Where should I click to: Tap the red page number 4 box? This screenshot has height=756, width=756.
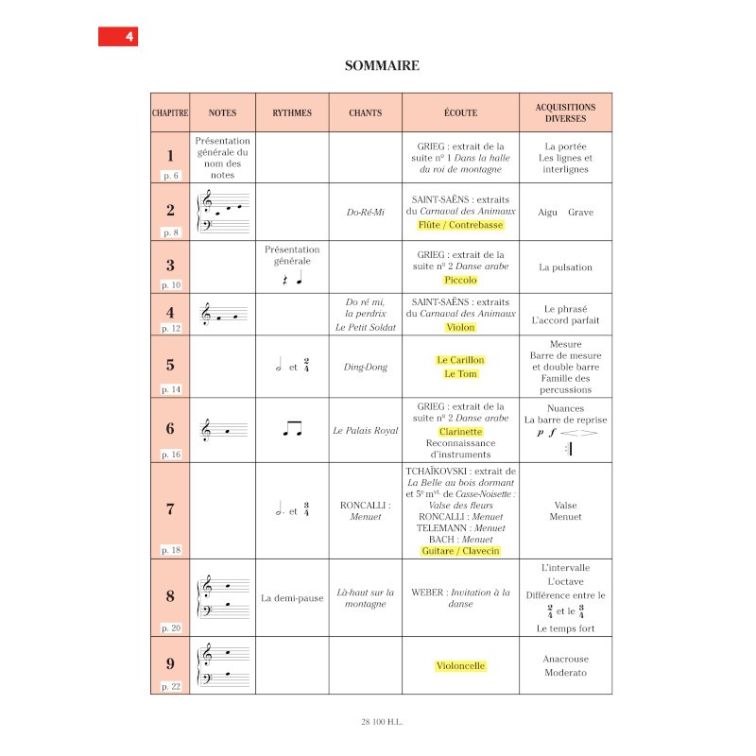click(x=118, y=37)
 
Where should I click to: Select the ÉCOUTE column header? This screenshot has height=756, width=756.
click(x=460, y=112)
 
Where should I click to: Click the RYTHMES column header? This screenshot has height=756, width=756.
click(x=292, y=112)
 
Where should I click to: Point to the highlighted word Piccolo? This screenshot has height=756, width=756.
click(x=460, y=280)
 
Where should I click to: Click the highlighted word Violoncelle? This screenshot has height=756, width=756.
click(x=460, y=665)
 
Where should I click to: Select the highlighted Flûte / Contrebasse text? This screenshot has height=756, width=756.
click(x=460, y=225)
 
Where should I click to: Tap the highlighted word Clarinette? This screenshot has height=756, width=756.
click(x=460, y=431)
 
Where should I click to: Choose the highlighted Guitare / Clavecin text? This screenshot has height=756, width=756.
click(x=460, y=550)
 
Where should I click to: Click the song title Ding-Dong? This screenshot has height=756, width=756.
click(x=366, y=367)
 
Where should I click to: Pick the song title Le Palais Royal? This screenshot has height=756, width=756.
click(x=366, y=430)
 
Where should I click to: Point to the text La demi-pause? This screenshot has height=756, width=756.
click(x=292, y=598)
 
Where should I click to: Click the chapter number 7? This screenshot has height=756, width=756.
click(x=170, y=508)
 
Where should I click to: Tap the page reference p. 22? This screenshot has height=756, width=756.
click(x=170, y=686)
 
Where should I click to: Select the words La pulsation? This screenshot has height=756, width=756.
click(x=565, y=267)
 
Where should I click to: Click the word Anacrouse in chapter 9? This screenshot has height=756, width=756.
click(x=565, y=659)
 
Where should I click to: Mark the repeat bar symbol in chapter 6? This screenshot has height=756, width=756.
click(x=568, y=450)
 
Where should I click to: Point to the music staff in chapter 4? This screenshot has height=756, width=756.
click(x=224, y=314)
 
